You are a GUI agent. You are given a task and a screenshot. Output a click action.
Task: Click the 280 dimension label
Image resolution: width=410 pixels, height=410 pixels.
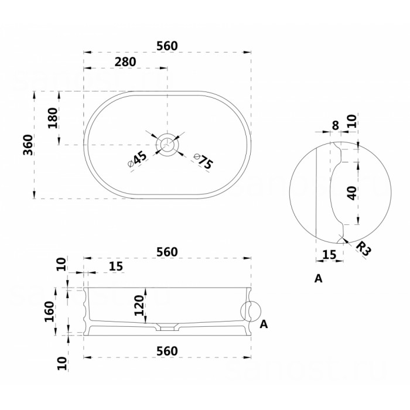tap(125, 62)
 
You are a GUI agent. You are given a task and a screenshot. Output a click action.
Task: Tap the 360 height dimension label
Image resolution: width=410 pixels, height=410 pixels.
tap(28, 145)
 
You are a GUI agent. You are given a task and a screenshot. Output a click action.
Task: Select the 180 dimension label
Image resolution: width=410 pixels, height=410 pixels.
tap(53, 118)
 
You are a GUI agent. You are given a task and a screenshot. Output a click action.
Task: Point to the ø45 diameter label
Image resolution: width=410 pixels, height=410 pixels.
tap(138, 159)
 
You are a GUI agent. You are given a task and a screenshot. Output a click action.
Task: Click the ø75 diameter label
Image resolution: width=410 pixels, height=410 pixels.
tap(204, 161)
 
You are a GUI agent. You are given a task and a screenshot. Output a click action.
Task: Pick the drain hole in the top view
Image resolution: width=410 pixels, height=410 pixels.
tap(167, 144)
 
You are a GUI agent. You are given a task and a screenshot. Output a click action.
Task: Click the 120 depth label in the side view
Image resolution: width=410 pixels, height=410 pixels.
tap(139, 305)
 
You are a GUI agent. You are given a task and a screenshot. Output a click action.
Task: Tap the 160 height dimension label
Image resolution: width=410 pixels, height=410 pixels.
tap(49, 312)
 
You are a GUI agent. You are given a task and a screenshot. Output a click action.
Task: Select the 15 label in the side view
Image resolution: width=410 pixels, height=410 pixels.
tap(116, 266)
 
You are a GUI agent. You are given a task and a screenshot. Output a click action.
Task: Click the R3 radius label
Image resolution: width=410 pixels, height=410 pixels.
tap(364, 249)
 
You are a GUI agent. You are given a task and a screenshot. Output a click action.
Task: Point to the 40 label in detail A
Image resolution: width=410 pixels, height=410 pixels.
tap(353, 193)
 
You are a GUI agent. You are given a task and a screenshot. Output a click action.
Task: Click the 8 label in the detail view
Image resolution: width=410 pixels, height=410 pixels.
tap(336, 125)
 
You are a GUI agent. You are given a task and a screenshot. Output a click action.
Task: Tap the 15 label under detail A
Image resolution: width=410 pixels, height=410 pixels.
tap(329, 255)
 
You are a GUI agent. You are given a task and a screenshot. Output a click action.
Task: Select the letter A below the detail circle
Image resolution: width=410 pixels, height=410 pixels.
tap(318, 279)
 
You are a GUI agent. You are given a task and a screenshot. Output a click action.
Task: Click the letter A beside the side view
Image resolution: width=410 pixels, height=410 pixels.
tap(264, 324)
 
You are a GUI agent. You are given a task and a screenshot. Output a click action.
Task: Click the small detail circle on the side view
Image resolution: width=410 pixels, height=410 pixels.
tap(251, 311)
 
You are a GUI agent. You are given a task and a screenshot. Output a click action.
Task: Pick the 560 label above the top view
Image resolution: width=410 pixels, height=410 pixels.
tap(167, 46)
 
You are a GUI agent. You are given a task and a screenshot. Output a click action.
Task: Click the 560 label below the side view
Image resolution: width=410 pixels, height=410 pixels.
tap(167, 351)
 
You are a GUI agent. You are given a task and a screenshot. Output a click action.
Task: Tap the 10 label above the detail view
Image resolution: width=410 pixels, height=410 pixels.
tap(352, 121)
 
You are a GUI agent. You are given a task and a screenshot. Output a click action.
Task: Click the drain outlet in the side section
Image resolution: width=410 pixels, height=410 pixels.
tap(167, 327)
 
